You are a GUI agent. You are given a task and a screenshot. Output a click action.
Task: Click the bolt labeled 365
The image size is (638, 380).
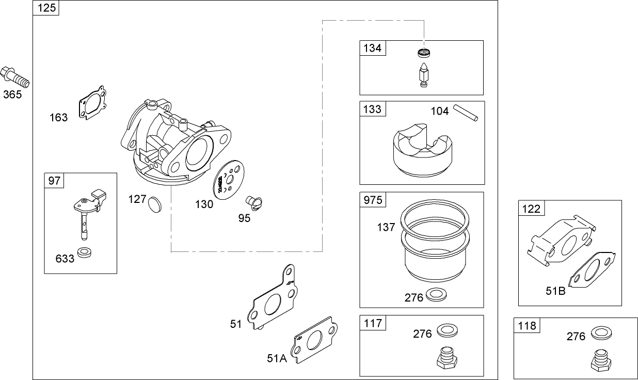click(x=15, y=78)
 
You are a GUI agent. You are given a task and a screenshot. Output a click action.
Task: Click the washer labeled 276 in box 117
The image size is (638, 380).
click(x=446, y=331)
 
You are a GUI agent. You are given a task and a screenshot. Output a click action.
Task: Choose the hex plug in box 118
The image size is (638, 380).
click(x=600, y=360)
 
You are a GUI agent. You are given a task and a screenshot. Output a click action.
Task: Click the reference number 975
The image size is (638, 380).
click(x=373, y=200)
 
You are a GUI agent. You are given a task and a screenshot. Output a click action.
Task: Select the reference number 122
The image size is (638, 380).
click(x=531, y=209)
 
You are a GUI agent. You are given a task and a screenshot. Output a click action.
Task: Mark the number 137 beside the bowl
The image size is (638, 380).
click(x=386, y=226)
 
